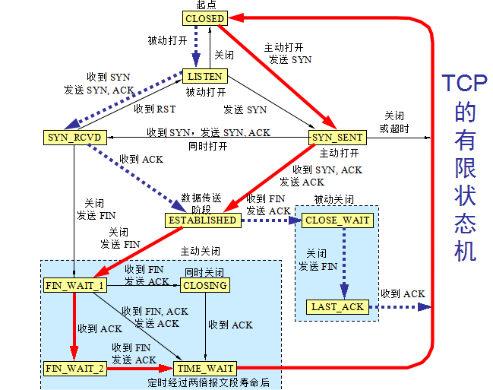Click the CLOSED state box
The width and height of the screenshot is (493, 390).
pos(204,18)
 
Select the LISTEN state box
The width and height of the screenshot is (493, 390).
pos(205,76)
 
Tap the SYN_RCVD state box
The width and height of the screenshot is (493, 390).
pos(68,138)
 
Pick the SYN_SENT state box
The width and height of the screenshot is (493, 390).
pos(337,138)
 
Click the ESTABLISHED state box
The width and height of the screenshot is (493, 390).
pos(201,220)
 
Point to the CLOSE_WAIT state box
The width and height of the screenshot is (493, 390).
pos(337,220)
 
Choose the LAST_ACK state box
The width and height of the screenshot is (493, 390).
pos(338,307)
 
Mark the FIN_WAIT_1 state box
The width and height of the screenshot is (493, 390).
pos(74,286)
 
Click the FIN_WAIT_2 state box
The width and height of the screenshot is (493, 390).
pos(74,368)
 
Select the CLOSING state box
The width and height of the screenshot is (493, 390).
pos(205,286)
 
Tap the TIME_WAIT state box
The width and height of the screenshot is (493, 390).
pos(204,368)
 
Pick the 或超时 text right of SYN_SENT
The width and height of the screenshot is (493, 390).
pos(393,128)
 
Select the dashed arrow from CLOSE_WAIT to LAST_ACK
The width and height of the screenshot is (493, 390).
pos(344,262)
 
